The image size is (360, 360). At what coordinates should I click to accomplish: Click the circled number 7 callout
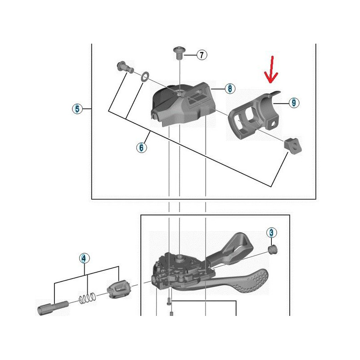point(202,55)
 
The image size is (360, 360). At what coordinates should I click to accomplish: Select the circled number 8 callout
point(230,88)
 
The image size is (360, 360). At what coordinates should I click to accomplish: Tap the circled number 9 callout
point(294,103)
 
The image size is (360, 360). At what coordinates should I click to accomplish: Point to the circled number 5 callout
point(77,108)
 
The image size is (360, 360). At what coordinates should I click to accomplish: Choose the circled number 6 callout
point(141,147)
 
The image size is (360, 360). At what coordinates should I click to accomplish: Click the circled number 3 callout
point(272,233)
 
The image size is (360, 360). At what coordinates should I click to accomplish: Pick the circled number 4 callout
point(84,258)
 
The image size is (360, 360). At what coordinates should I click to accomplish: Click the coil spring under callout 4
point(87,298)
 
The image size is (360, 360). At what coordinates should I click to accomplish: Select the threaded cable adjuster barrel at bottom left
point(53,308)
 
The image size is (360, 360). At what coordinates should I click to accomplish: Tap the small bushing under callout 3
point(273,250)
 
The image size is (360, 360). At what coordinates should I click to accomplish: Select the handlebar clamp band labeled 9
point(254,114)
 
